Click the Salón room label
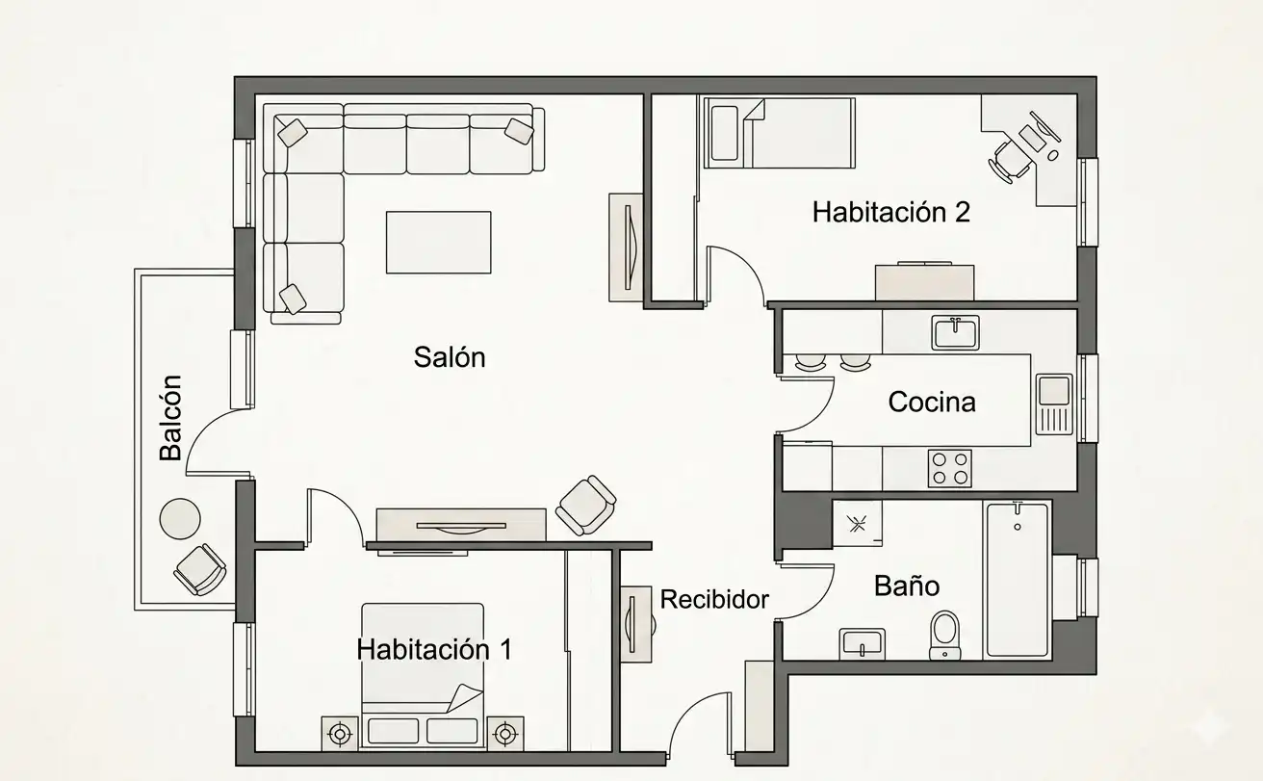point(450,357)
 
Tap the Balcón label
point(170,418)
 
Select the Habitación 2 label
point(890,212)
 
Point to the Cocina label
point(932,403)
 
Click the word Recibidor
point(714,599)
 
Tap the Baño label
point(907,586)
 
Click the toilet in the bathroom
point(945,636)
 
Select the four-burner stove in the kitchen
point(950,469)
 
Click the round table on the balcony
point(180,519)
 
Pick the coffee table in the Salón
point(439,243)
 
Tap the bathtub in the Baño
point(1018,580)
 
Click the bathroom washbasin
point(862,643)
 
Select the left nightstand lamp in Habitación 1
point(340,734)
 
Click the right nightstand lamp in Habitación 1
point(505,734)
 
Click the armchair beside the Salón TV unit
point(586,506)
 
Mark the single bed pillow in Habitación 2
point(725,134)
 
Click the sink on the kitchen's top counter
point(955,332)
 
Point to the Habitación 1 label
point(434,650)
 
